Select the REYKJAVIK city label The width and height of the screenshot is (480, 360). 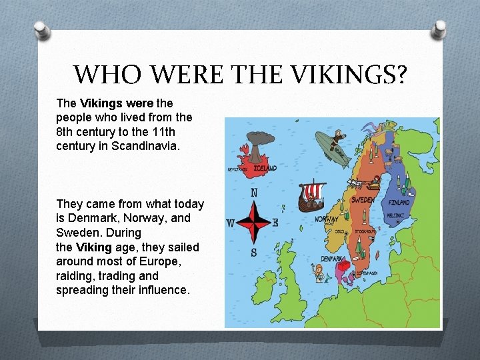coord(238,170)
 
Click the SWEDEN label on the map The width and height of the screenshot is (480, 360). coord(363,200)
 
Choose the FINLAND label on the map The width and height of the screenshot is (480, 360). coord(399,202)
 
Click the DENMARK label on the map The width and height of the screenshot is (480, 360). coord(333,258)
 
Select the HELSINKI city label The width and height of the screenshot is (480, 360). coord(398,215)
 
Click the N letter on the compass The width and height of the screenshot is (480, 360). coord(254,193)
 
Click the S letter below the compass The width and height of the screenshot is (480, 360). coord(254,252)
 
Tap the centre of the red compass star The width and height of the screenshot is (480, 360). coord(254,222)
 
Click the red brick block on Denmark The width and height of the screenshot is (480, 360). coord(345,267)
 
